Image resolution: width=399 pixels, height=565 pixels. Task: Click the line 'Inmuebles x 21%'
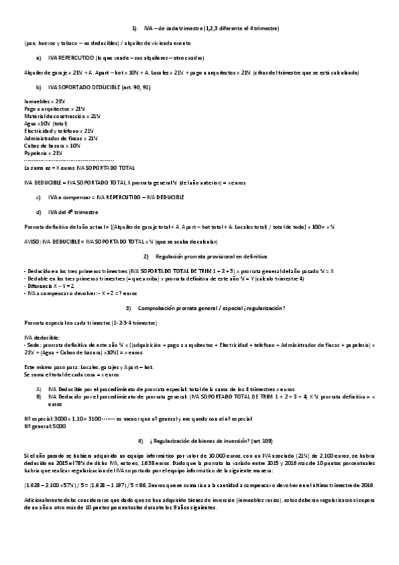click(x=43, y=101)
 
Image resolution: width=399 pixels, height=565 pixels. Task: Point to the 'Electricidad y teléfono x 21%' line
click(x=58, y=131)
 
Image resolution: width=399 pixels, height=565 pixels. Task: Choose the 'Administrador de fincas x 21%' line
click(x=60, y=138)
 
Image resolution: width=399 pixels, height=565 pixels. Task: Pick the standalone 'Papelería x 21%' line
click(x=44, y=153)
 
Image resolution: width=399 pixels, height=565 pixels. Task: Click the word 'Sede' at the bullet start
click(x=32, y=345)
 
